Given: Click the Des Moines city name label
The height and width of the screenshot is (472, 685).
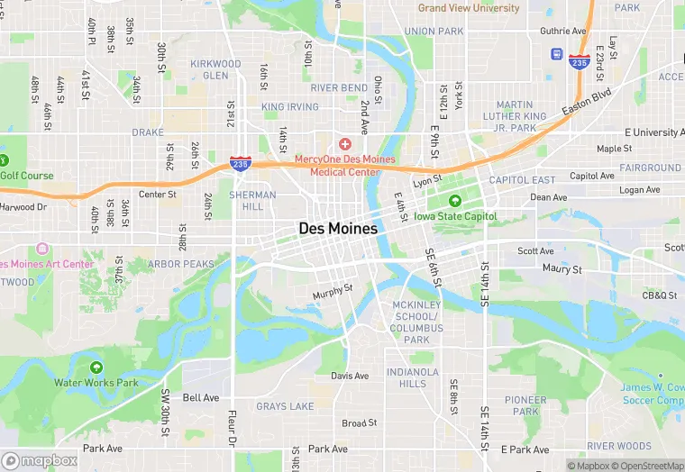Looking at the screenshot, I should pyautogui.click(x=338, y=230).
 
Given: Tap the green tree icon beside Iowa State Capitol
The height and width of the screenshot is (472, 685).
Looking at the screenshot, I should pyautogui.click(x=455, y=201).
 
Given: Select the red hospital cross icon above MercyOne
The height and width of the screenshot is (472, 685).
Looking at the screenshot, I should pyautogui.click(x=343, y=144).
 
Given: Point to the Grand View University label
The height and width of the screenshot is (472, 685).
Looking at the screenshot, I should pyautogui.click(x=469, y=8).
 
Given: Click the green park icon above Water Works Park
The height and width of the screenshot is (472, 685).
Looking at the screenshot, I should pyautogui.click(x=96, y=367).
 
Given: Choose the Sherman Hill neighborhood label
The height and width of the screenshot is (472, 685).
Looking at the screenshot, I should pyautogui.click(x=247, y=200).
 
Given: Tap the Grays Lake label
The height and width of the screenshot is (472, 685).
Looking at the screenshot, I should pyautogui.click(x=285, y=406).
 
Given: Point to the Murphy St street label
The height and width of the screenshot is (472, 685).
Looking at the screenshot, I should pyautogui.click(x=332, y=293).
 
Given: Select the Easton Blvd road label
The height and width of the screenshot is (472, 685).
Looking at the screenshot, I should pyautogui.click(x=587, y=100).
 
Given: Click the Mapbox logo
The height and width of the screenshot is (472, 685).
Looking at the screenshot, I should pyautogui.click(x=40, y=460).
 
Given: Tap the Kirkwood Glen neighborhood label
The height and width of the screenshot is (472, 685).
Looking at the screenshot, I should pyautogui.click(x=215, y=69).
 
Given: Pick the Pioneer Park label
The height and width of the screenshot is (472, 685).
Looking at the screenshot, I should pyautogui.click(x=525, y=405).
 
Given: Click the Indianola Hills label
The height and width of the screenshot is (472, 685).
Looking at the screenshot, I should pyautogui.click(x=413, y=377).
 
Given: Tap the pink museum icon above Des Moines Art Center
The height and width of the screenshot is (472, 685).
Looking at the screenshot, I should pyautogui.click(x=41, y=249).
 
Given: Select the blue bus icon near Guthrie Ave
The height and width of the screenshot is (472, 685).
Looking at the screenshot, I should pyautogui.click(x=558, y=54).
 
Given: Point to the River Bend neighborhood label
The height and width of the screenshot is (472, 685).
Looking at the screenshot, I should pyautogui.click(x=339, y=88).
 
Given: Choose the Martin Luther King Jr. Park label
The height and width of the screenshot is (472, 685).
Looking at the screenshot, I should pyautogui.click(x=521, y=116).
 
